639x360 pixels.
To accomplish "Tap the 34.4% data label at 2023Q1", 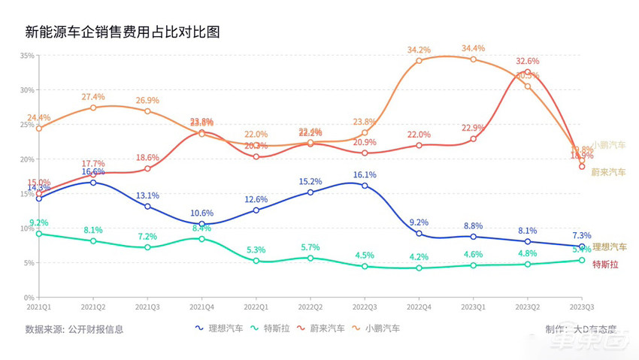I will tap(473, 49).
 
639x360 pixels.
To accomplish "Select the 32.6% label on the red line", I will tap(527, 62).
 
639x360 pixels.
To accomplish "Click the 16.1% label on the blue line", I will tap(365, 174).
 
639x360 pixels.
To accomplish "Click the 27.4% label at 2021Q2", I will tap(93, 97).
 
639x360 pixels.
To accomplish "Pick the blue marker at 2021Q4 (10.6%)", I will tap(201, 224).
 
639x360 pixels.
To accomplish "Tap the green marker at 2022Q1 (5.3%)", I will tap(256, 261).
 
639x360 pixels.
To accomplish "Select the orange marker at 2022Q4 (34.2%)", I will tap(419, 61).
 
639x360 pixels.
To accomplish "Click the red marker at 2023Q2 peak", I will tap(528, 72).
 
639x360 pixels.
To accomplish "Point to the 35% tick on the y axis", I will tap(26, 56).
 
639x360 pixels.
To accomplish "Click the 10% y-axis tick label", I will tap(26, 228).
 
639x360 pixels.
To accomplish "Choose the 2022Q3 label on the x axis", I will tap(365, 307).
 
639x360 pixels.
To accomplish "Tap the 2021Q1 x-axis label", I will tap(39, 307).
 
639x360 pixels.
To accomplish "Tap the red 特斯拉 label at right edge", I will tap(606, 264).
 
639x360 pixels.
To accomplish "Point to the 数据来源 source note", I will tap(74, 328).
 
